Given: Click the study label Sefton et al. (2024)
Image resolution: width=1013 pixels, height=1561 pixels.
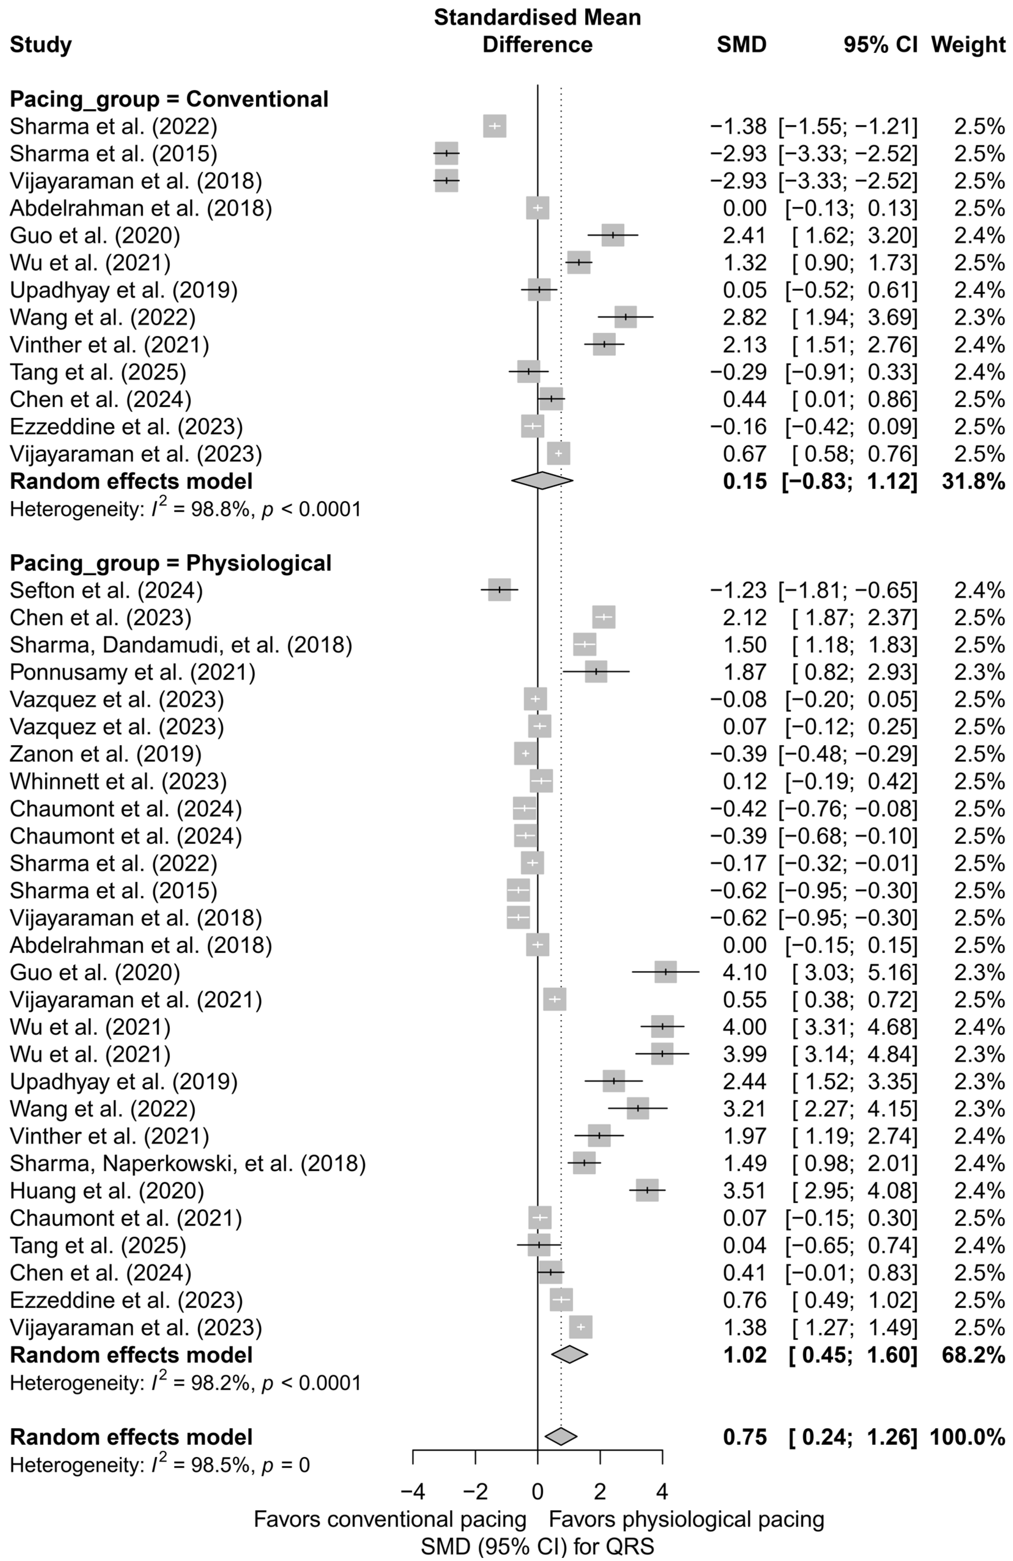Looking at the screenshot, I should [106, 590].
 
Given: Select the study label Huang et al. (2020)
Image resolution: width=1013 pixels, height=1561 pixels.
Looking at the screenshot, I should [107, 1190].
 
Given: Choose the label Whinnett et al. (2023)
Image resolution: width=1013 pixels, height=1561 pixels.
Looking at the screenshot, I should [118, 781].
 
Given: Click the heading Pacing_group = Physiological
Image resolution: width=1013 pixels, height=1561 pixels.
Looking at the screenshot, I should [170, 563].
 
